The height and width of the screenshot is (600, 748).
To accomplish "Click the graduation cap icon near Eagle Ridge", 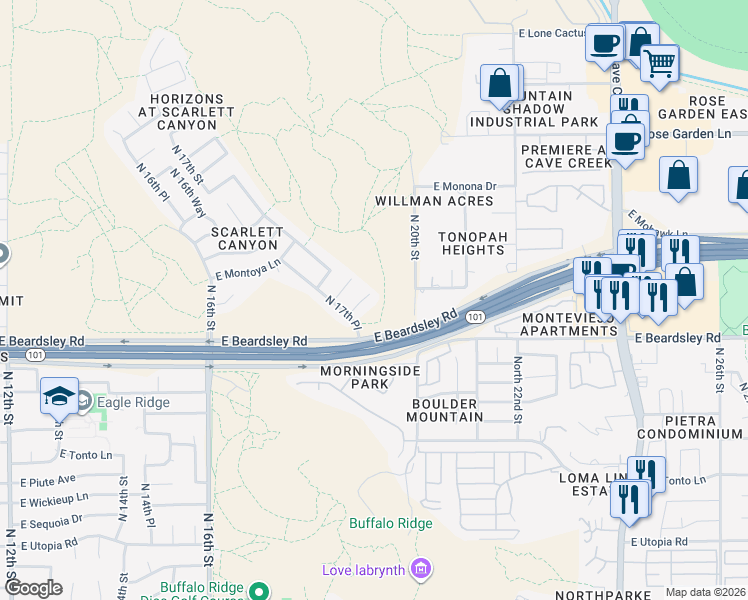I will pyautogui.click(x=59, y=397).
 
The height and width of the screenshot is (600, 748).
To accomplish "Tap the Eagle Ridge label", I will pyautogui.click(x=133, y=402).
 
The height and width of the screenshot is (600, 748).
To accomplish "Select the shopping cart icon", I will pyautogui.click(x=659, y=63).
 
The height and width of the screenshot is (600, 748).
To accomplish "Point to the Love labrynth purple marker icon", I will pyautogui.click(x=421, y=570).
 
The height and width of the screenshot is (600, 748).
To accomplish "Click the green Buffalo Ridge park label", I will pyautogui.click(x=390, y=523).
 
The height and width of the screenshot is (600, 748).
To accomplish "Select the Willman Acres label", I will pyautogui.click(x=434, y=201).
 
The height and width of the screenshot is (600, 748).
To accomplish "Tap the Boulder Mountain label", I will pyautogui.click(x=446, y=409).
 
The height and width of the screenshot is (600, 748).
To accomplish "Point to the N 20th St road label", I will pyautogui.click(x=413, y=236).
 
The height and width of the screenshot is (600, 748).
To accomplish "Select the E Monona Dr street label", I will pyautogui.click(x=465, y=186).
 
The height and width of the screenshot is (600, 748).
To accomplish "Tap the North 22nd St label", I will pyautogui.click(x=518, y=389).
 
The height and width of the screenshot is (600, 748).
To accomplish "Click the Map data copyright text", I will pyautogui.click(x=705, y=592).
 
